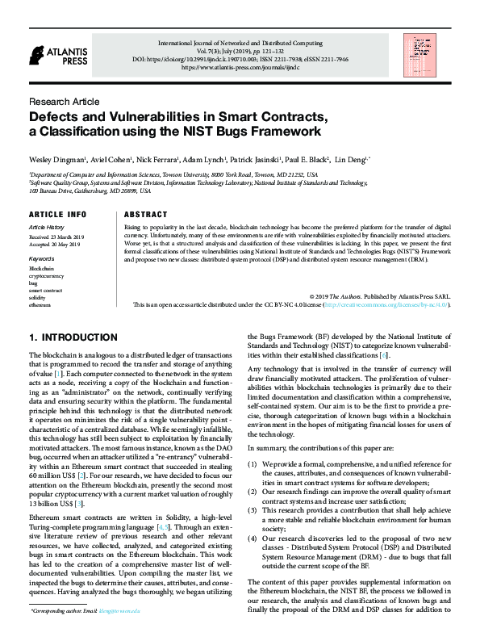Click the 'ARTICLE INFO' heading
(57, 215)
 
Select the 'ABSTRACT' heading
(146, 215)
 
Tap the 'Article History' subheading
(46, 228)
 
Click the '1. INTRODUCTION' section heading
(73, 337)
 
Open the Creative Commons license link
(386, 306)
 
